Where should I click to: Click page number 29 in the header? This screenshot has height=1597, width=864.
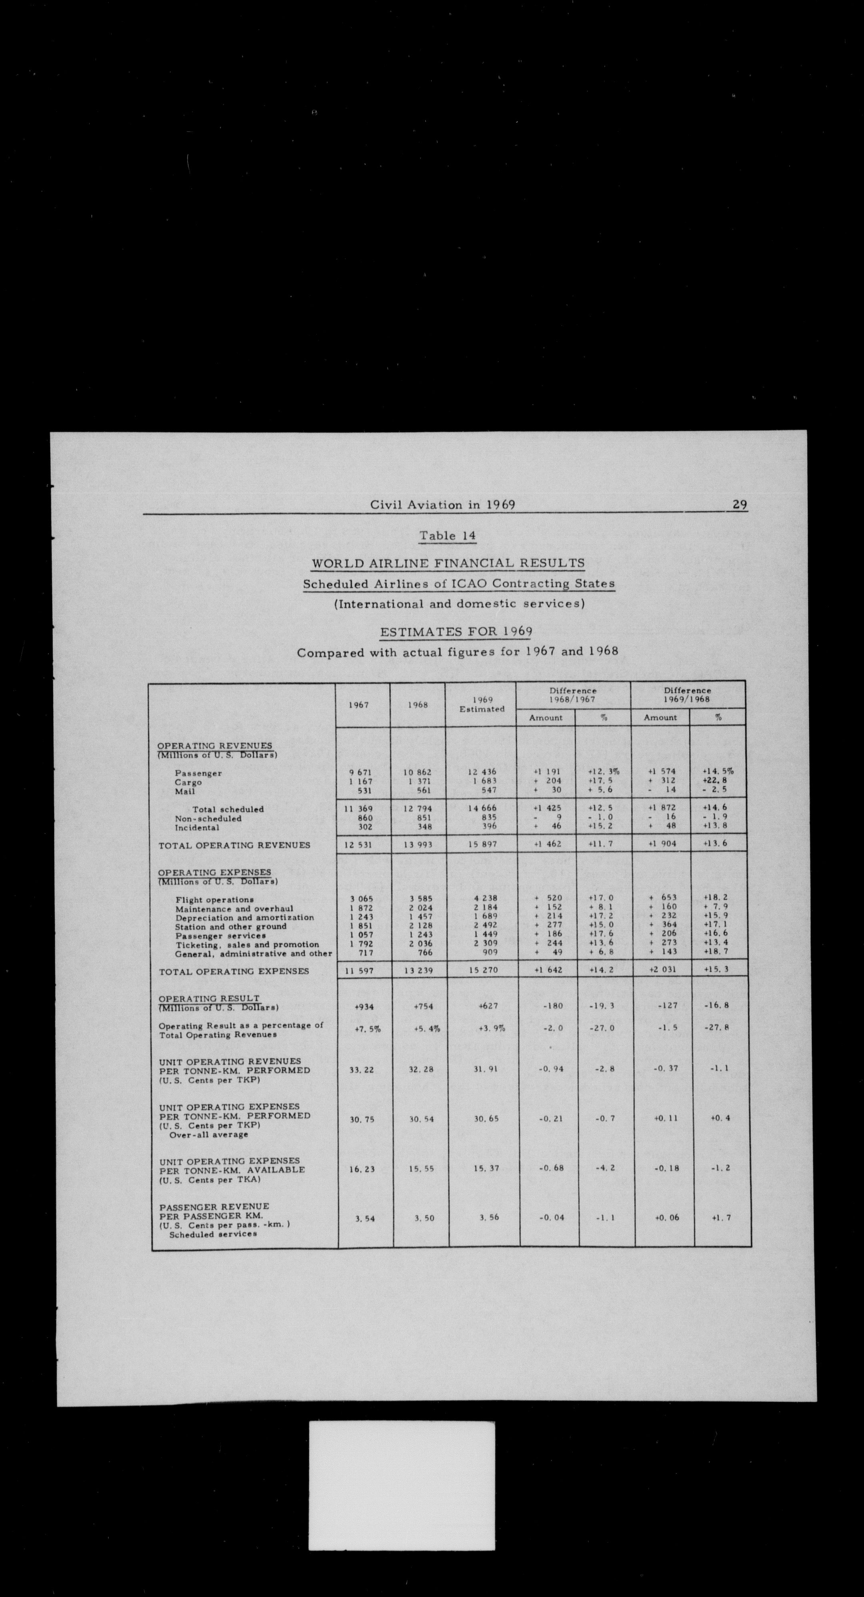point(740,504)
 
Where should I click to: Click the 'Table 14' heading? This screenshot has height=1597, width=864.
point(447,536)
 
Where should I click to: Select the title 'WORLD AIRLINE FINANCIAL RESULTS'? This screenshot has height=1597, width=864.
point(448,563)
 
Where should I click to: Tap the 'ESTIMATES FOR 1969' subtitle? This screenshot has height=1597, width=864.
point(456,632)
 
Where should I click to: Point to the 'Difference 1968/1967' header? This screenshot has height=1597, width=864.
point(573,694)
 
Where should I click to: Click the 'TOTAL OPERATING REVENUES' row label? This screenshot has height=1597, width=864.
point(234,845)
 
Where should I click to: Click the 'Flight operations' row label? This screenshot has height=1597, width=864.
point(214,900)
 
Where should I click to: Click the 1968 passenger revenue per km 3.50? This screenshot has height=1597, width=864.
point(424,1218)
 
